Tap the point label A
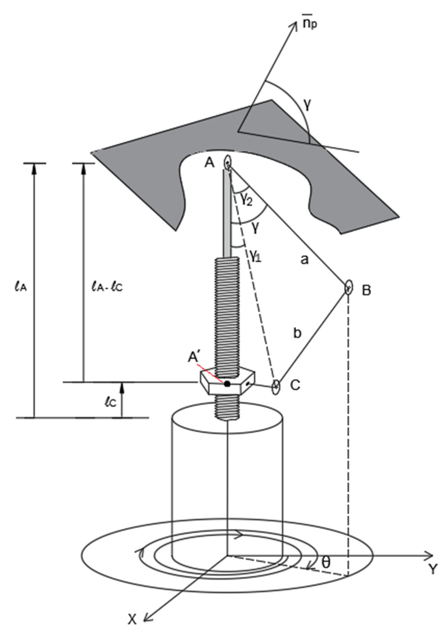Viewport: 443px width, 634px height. click(209, 163)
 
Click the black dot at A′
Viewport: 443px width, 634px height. click(227, 383)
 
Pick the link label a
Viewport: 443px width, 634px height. click(304, 260)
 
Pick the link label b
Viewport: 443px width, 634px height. click(297, 333)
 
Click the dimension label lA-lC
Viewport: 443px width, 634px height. click(107, 287)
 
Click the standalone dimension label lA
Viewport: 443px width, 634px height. click(20, 287)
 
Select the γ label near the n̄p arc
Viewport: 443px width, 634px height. click(308, 105)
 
